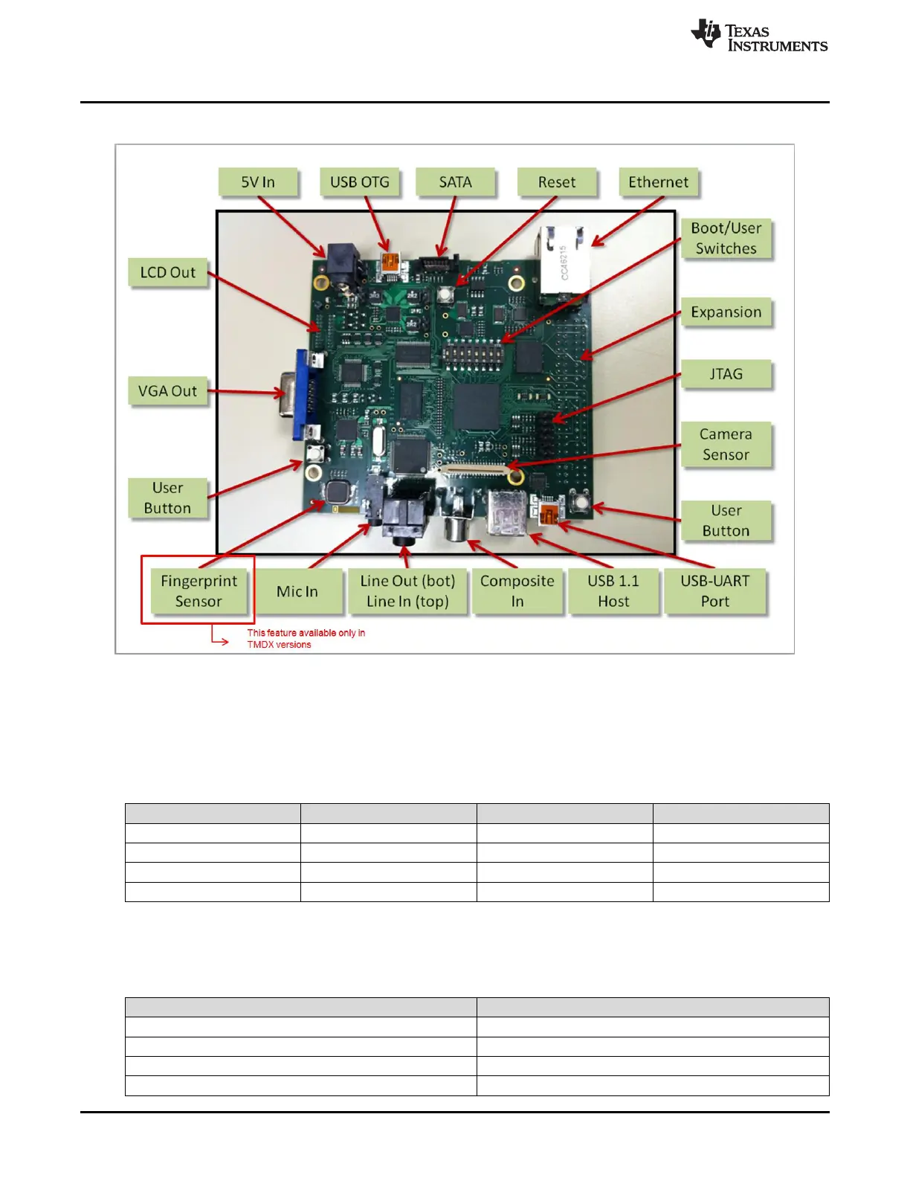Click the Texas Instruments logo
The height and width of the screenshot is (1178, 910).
(x=758, y=36)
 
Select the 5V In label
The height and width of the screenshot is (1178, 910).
(x=258, y=182)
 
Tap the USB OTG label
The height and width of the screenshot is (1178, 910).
(x=360, y=182)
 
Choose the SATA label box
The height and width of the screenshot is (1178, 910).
(x=455, y=182)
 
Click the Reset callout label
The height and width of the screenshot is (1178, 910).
(x=557, y=182)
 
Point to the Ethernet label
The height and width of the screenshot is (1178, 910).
(x=658, y=182)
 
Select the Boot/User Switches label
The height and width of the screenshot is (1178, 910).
(x=726, y=238)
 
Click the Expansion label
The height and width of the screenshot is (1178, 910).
(x=726, y=312)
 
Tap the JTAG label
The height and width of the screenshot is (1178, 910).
(x=726, y=374)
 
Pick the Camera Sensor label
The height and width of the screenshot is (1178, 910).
(x=726, y=444)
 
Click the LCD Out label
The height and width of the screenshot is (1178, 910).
(x=168, y=272)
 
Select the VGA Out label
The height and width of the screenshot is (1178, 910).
(x=168, y=391)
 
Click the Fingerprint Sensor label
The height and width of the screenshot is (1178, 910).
(x=199, y=591)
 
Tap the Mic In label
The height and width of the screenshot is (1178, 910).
(x=297, y=591)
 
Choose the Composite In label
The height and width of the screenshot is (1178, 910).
(x=517, y=591)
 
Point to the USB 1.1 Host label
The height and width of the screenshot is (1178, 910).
(x=613, y=591)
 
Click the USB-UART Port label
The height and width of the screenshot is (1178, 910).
(x=715, y=591)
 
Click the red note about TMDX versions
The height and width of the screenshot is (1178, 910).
(x=306, y=639)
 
